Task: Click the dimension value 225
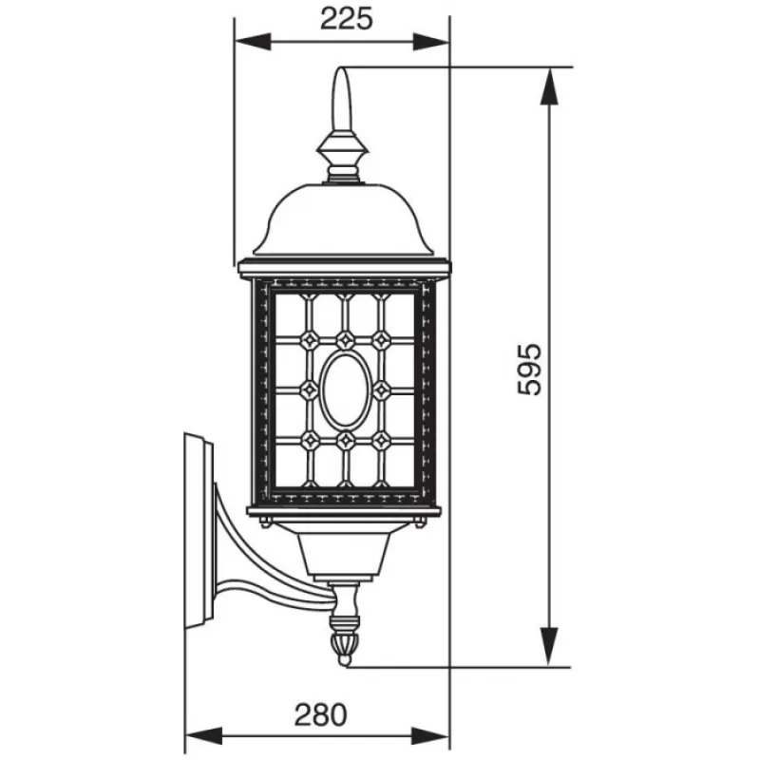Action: [347, 20]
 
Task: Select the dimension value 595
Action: [529, 370]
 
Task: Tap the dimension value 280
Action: [321, 715]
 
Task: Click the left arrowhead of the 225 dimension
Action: [253, 42]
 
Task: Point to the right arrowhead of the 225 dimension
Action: [431, 42]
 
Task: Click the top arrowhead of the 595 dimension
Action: [549, 86]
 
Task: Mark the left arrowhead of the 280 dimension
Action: [204, 735]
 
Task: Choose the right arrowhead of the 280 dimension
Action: [431, 735]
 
